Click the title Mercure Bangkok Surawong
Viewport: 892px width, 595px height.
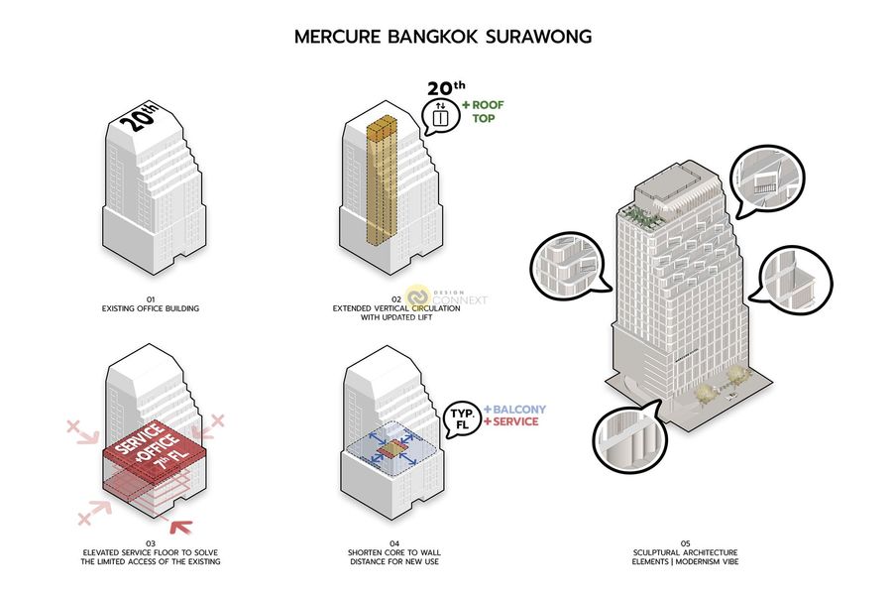pyautogui.click(x=443, y=38)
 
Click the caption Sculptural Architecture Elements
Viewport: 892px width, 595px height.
pyautogui.click(x=685, y=556)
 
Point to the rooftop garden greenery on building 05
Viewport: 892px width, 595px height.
pyautogui.click(x=639, y=217)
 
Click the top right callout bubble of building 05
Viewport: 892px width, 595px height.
pyautogui.click(x=765, y=179)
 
